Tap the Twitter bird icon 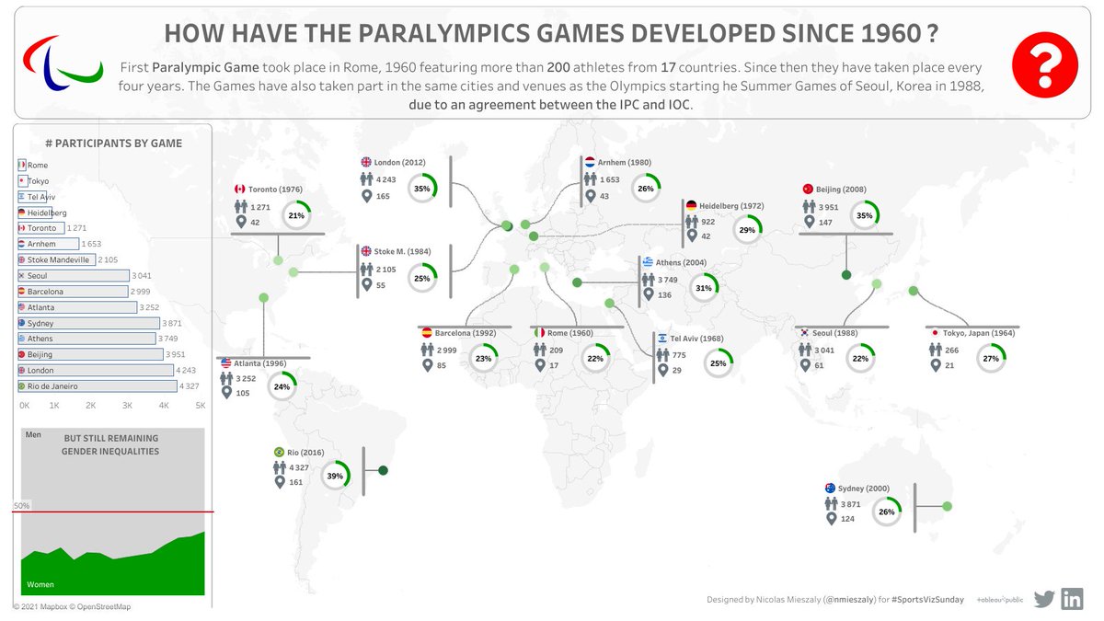click(x=1043, y=599)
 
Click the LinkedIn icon click(x=1072, y=598)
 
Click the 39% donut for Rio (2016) click(x=335, y=476)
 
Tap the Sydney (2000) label click(x=864, y=489)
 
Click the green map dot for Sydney click(x=947, y=506)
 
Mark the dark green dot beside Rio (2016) click(x=383, y=471)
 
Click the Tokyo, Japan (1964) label click(x=971, y=333)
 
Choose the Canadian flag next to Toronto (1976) click(x=241, y=190)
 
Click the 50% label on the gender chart click(x=21, y=506)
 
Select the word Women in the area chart click(x=40, y=584)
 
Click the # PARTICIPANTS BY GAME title click(x=113, y=143)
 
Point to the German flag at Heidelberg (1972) click(x=690, y=205)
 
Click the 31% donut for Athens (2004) click(x=704, y=288)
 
